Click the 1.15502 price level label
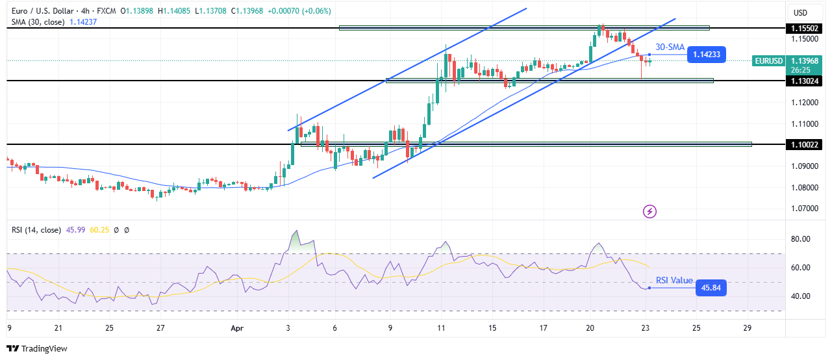click(806, 29)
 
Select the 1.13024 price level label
click(806, 81)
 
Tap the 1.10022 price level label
click(806, 144)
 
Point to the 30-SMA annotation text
click(669, 47)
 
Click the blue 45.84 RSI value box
click(710, 288)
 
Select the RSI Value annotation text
click(674, 280)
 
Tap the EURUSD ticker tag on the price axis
click(768, 61)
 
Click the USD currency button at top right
click(800, 12)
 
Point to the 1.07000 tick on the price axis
click(806, 209)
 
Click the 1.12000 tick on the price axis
click(806, 103)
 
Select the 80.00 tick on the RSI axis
click(802, 239)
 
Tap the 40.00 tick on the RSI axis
click(802, 296)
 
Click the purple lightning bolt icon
click(649, 211)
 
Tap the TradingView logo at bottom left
click(37, 349)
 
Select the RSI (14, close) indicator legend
click(36, 229)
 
